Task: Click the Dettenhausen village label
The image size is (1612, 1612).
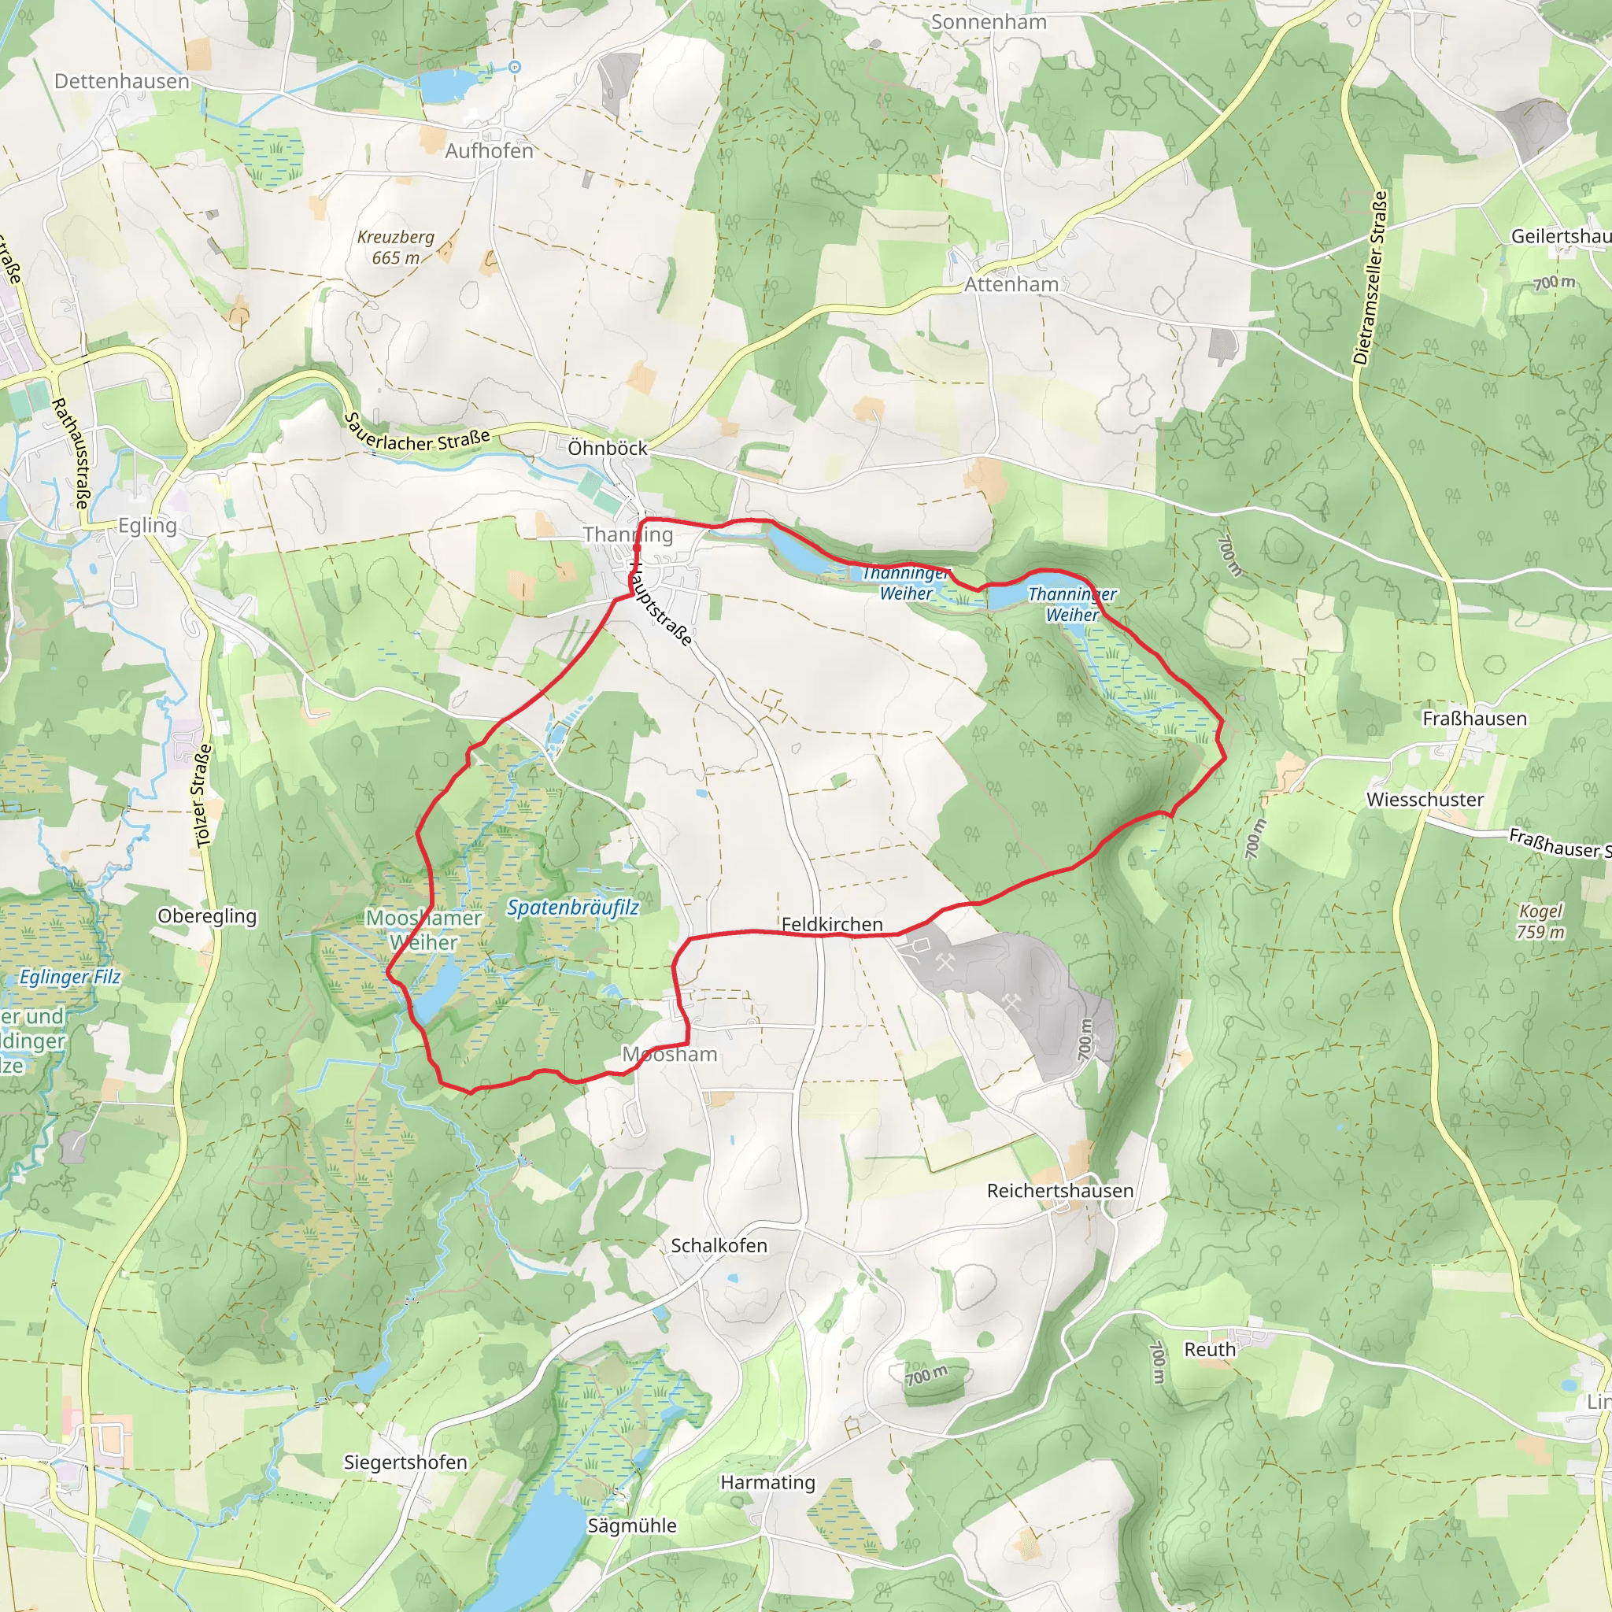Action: point(122,81)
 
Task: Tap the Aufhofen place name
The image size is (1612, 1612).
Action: point(489,151)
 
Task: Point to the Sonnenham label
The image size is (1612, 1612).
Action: point(989,23)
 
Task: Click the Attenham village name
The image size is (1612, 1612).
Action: point(1011,284)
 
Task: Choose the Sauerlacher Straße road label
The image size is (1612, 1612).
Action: point(416,431)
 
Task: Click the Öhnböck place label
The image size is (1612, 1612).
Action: point(608,448)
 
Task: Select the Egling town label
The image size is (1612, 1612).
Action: point(148,525)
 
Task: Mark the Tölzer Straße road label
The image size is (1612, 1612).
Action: point(203,797)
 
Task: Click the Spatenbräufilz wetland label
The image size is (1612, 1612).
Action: point(573,907)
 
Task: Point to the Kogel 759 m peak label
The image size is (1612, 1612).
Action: point(1540,921)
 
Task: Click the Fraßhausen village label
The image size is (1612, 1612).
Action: point(1474,719)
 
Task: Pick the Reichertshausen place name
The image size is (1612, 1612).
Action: point(1059,1191)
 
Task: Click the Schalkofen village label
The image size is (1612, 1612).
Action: point(719,1245)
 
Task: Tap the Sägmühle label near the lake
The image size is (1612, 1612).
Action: point(631,1525)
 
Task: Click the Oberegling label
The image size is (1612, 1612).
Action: point(207,915)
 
